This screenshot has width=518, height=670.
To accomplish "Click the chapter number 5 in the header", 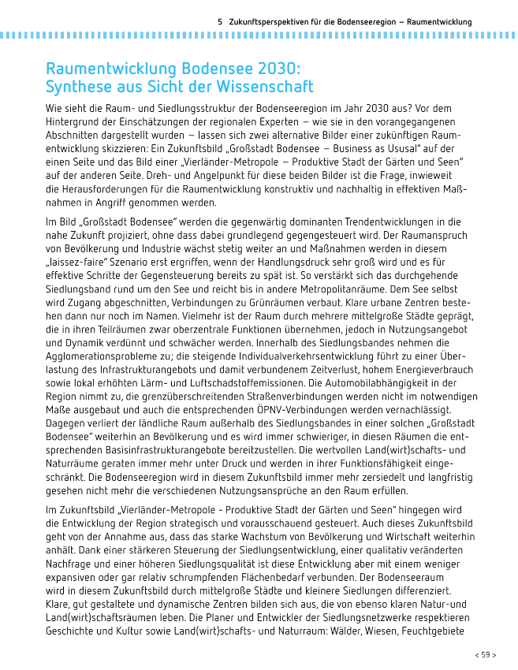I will pos(220,21).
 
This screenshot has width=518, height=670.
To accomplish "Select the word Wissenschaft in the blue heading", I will pos(267,87).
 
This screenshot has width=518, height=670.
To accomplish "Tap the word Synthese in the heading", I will pos(78,87).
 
